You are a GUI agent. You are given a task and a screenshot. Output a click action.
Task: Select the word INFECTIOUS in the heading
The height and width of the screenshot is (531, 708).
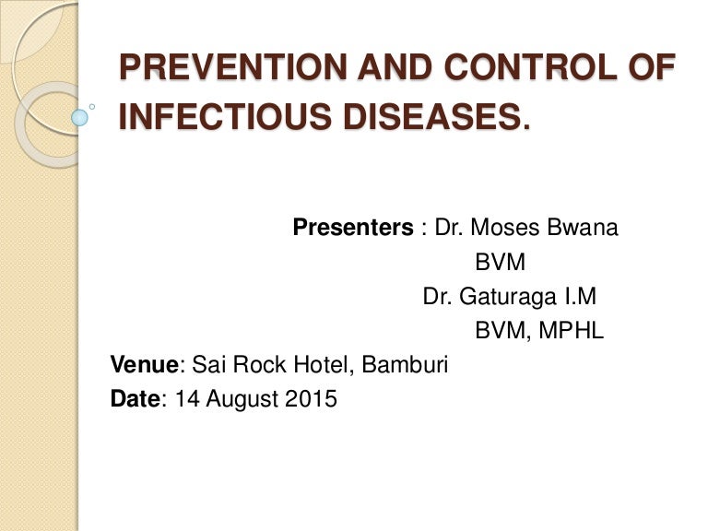tap(199, 117)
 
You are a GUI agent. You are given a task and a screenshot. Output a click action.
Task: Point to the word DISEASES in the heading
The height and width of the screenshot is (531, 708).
tap(408, 117)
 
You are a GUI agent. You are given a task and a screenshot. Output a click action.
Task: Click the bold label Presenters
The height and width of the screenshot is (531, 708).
tap(353, 228)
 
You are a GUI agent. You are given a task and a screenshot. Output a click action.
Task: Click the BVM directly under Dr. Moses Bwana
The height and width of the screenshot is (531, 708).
tap(500, 263)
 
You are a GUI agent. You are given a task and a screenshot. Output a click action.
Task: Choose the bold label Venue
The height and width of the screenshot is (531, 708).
tap(144, 366)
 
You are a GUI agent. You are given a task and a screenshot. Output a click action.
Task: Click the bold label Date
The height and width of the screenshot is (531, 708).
tap(135, 400)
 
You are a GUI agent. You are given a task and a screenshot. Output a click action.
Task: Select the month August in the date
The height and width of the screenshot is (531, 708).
tap(242, 400)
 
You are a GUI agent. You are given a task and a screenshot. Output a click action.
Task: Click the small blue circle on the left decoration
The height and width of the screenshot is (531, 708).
tap(80, 117)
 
